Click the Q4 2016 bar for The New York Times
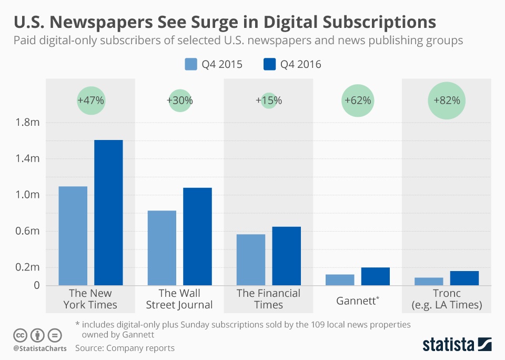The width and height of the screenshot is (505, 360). coord(108,213)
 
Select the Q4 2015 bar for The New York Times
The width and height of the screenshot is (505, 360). coord(73,236)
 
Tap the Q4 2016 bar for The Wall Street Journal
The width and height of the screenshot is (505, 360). coord(198,236)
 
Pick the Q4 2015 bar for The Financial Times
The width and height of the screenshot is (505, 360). coord(251,259)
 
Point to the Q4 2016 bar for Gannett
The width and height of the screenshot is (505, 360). coord(376,276)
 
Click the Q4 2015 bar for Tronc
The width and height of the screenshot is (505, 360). coord(429,281)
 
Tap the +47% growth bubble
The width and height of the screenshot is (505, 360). coord(91,100)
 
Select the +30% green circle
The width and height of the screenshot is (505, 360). coord(180,100)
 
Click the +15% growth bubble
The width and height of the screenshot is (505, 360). coord(269,100)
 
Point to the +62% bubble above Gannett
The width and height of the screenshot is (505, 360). coord(358,100)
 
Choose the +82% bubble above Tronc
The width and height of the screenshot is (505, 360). coord(447,100)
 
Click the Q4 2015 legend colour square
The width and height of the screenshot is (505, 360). coord(190,64)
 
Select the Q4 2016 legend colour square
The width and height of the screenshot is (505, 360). coord(269,64)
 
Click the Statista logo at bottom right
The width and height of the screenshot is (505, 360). coord(457,344)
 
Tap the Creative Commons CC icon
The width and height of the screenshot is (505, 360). coord(20,335)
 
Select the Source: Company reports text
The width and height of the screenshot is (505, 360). coord(125,348)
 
